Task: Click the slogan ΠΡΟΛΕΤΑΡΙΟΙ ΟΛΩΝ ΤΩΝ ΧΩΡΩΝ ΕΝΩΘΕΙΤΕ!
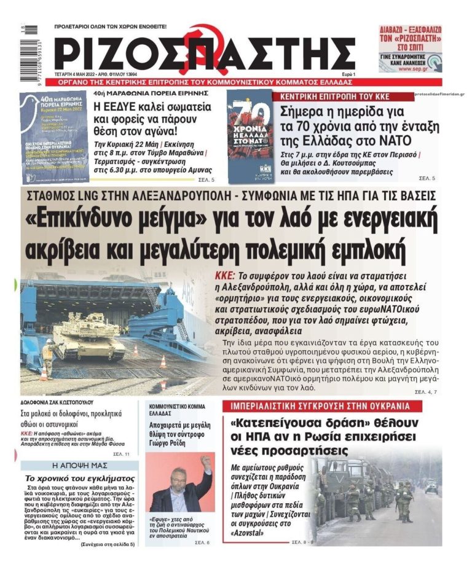point(111,26)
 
